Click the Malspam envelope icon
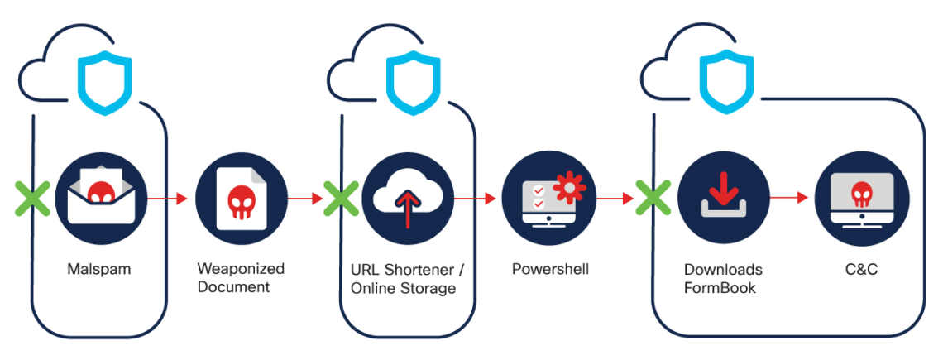click(101, 199)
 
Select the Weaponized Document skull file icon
click(242, 199)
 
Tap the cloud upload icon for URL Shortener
click(407, 199)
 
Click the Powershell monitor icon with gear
click(548, 199)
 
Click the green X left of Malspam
click(32, 199)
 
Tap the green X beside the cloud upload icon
click(339, 199)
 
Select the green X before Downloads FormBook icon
click(653, 199)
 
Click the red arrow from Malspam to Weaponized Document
click(169, 199)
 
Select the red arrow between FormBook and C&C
click(790, 199)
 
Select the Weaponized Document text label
click(241, 279)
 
